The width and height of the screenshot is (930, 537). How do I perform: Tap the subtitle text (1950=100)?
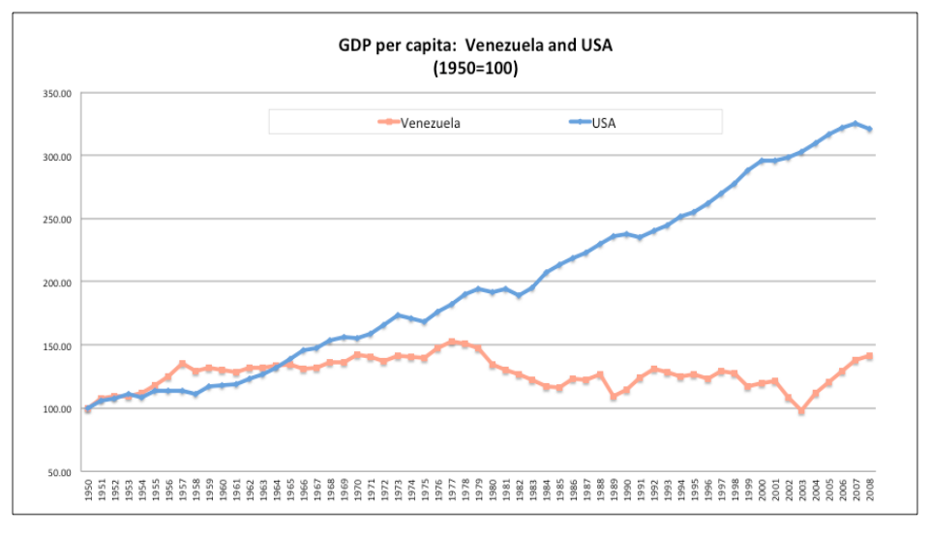(476, 68)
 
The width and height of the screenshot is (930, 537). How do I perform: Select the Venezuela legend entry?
(419, 123)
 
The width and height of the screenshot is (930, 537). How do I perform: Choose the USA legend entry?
(592, 123)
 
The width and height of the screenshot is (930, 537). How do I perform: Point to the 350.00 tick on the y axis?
(57, 94)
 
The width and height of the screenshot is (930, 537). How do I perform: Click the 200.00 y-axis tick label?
(57, 283)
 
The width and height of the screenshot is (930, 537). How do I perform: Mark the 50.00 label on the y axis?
(59, 472)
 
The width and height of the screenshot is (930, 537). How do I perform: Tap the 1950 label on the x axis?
(88, 490)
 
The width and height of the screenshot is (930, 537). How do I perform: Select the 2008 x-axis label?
(870, 490)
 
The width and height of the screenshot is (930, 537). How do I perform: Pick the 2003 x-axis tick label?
(802, 490)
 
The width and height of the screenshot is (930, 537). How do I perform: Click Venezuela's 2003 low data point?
(802, 411)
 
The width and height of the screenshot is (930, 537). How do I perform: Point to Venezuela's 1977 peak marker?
(452, 342)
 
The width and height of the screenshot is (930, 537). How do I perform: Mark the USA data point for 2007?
(855, 124)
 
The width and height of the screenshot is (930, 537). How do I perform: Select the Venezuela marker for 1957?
(182, 364)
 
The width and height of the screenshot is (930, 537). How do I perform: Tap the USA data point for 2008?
(869, 129)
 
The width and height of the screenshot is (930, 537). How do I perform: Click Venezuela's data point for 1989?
(614, 397)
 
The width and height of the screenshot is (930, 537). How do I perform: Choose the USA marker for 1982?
(519, 294)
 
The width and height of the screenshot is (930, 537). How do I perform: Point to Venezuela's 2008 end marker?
(869, 356)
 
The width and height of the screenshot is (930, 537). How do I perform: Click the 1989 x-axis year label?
(614, 490)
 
